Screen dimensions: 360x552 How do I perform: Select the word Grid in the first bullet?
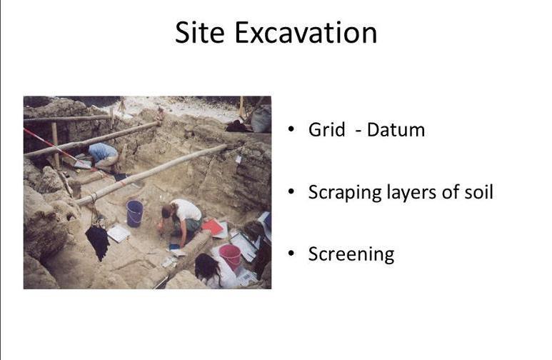coord(325,130)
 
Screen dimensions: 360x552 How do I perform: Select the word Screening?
coord(351,254)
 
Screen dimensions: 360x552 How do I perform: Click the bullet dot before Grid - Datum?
coord(291,130)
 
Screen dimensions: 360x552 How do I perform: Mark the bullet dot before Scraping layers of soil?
coord(291,192)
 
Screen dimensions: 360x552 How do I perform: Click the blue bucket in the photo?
coord(134,213)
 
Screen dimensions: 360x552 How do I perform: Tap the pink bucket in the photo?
coord(230,256)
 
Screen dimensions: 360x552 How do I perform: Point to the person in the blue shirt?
coord(104,154)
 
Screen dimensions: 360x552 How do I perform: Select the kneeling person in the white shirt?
coord(181,219)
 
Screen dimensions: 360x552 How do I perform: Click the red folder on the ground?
coord(212,227)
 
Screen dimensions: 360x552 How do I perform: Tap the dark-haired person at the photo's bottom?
coord(208,270)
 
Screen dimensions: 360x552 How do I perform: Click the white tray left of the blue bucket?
coord(118,234)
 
